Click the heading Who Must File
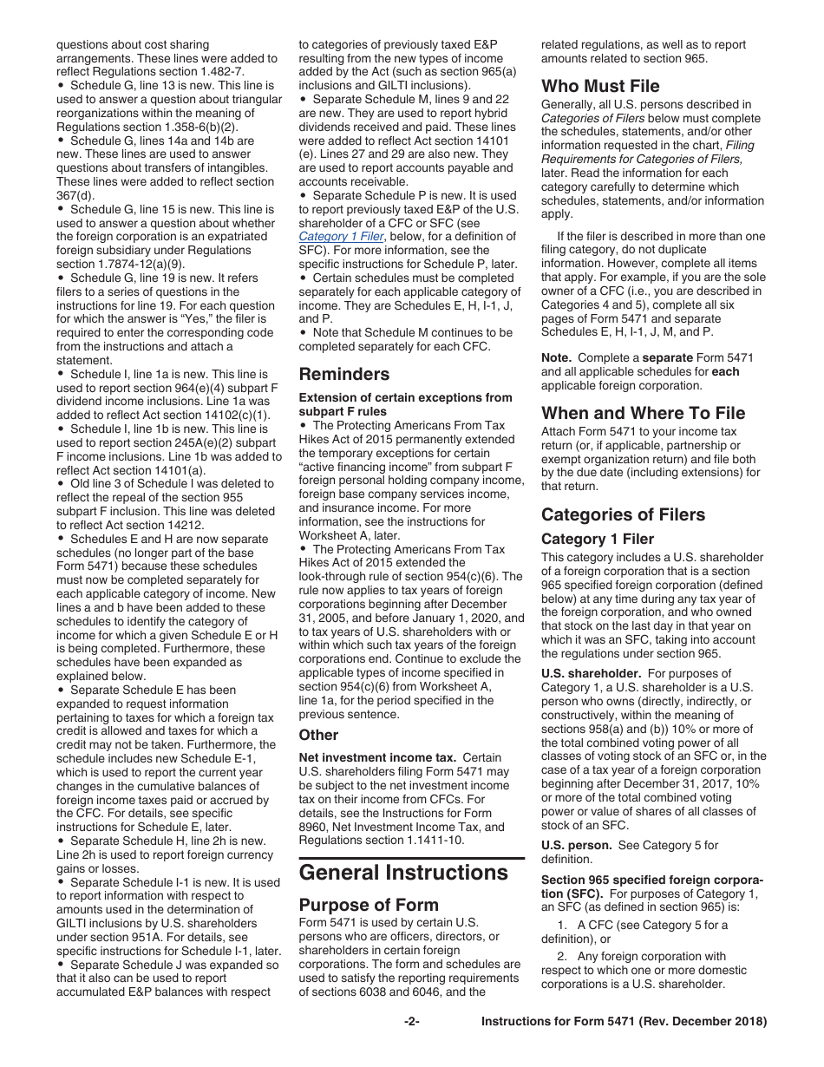600,86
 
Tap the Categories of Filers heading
623,514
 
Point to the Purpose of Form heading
369,904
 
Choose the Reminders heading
344,374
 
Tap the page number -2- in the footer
412,1021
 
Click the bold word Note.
556,357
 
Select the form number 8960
316,827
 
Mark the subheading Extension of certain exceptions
405,397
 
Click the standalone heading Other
318,735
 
